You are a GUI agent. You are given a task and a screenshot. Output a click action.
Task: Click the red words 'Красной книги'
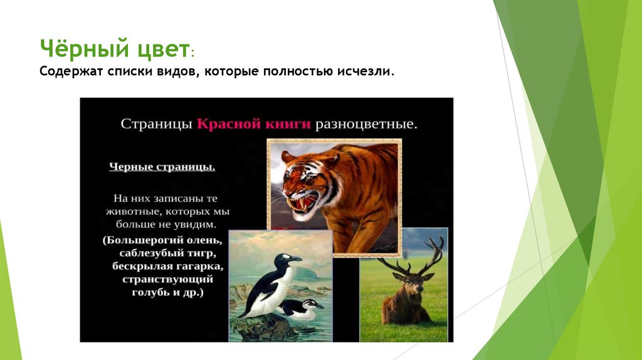[x=255, y=124]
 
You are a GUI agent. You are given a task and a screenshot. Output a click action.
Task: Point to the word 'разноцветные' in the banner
[x=366, y=124]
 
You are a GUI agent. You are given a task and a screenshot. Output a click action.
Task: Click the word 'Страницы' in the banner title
[x=156, y=124]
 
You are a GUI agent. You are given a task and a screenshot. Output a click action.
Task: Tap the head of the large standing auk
[x=289, y=259]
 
